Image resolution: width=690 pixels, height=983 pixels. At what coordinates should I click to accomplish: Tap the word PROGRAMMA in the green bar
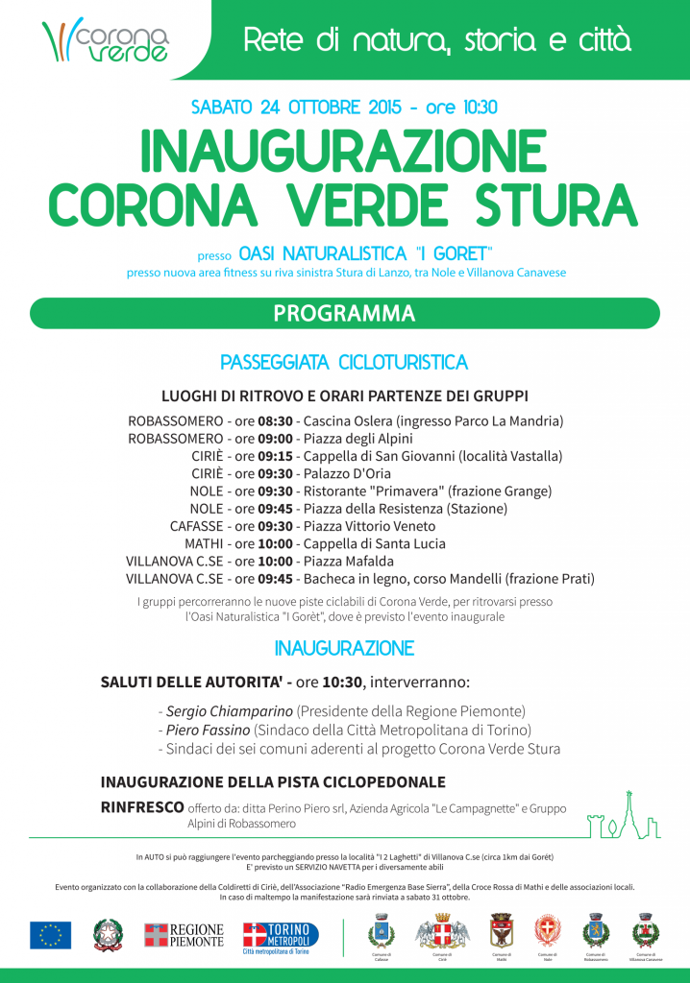344,314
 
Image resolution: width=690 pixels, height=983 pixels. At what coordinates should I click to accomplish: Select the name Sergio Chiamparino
228,711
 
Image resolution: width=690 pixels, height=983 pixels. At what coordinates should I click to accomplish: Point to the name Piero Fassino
208,730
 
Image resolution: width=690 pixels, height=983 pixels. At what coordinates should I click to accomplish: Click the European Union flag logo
50,934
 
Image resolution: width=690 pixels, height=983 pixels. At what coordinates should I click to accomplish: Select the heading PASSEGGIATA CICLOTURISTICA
344,363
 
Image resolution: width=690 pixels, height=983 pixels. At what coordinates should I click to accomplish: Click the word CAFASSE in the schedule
196,526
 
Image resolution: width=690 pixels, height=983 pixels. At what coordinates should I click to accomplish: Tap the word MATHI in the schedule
204,543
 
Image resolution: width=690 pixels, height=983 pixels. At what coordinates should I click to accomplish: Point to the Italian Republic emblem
108,934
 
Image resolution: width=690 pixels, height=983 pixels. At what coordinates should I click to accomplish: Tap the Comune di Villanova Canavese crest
644,932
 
